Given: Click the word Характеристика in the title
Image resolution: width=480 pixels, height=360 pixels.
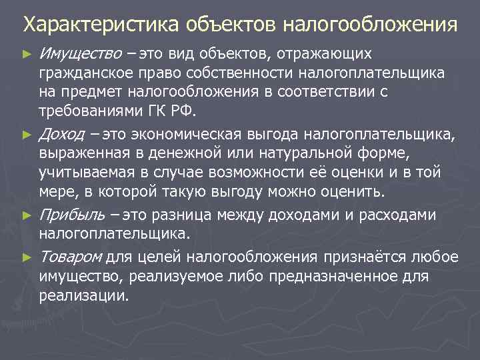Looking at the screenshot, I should pos(97,25).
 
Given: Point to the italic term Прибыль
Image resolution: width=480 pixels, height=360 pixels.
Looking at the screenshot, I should pos(72,215).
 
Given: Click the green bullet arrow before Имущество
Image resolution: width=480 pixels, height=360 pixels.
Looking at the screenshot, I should pos(27,53).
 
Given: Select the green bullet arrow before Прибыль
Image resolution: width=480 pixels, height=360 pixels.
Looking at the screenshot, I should pos(27,215).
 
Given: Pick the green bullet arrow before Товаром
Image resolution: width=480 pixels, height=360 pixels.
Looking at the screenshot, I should pos(27,256).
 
